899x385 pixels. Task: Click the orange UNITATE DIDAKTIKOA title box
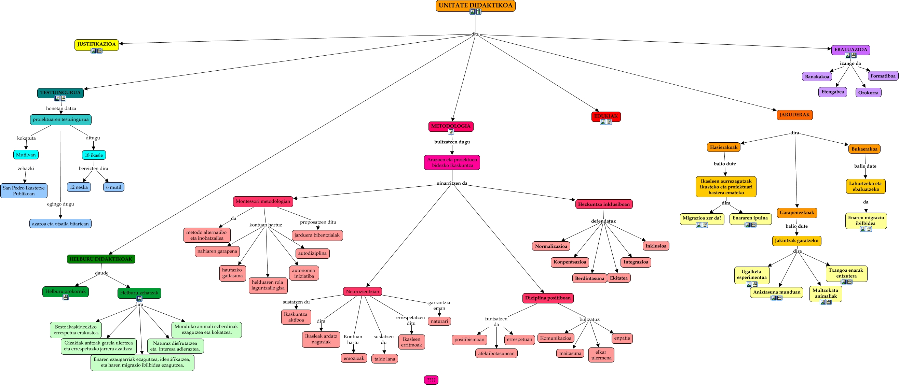click(x=475, y=5)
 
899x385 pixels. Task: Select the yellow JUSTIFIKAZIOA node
click(x=96, y=45)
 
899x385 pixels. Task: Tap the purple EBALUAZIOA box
click(x=850, y=50)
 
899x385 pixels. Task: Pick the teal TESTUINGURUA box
click(x=60, y=93)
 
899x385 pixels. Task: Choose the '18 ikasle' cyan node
click(x=94, y=155)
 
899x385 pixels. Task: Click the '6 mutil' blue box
click(x=114, y=187)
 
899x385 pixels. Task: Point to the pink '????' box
click(x=431, y=380)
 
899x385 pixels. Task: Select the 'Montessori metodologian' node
click(x=263, y=202)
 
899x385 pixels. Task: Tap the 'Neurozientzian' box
click(x=362, y=291)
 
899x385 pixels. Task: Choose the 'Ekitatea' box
click(x=619, y=278)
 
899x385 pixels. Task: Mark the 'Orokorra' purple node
click(x=868, y=92)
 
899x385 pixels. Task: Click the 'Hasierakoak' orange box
click(x=723, y=147)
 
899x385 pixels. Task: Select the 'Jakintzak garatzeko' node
click(x=796, y=241)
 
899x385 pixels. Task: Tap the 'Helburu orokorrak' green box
click(x=66, y=292)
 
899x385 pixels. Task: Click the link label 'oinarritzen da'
click(x=452, y=183)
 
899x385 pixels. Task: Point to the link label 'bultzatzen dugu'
click(x=452, y=142)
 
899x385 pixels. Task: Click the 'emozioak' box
click(x=354, y=358)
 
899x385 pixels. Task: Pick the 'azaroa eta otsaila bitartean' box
click(x=60, y=224)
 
